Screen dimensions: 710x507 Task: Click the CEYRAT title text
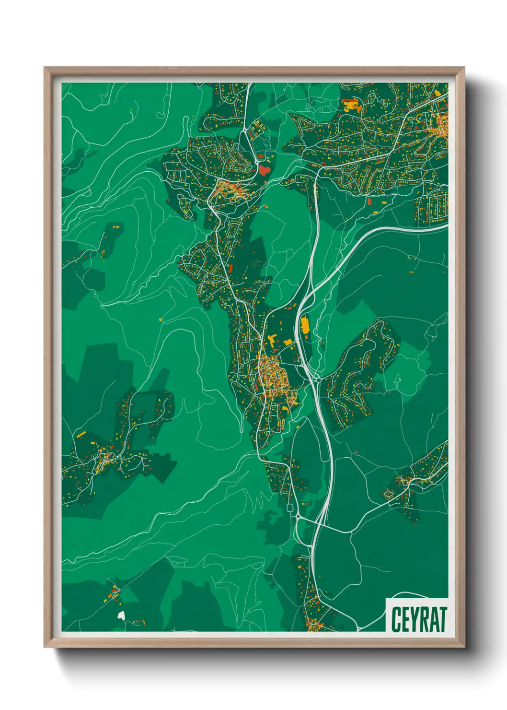[419, 619]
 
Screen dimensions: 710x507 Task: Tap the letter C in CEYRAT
[396, 619]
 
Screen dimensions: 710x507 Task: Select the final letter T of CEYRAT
[442, 619]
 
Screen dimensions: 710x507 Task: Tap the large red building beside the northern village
[264, 169]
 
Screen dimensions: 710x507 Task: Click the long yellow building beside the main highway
[305, 326]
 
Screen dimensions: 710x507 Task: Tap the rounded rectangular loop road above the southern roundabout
[289, 507]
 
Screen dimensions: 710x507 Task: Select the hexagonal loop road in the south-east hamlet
[389, 494]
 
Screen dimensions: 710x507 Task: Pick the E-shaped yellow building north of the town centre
[272, 342]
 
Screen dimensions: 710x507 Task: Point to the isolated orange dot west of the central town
[160, 319]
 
